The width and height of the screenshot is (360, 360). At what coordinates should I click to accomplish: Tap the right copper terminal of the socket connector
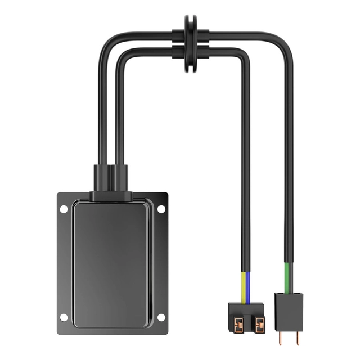tap(259, 325)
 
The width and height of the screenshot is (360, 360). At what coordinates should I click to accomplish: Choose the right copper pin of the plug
tap(298, 337)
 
